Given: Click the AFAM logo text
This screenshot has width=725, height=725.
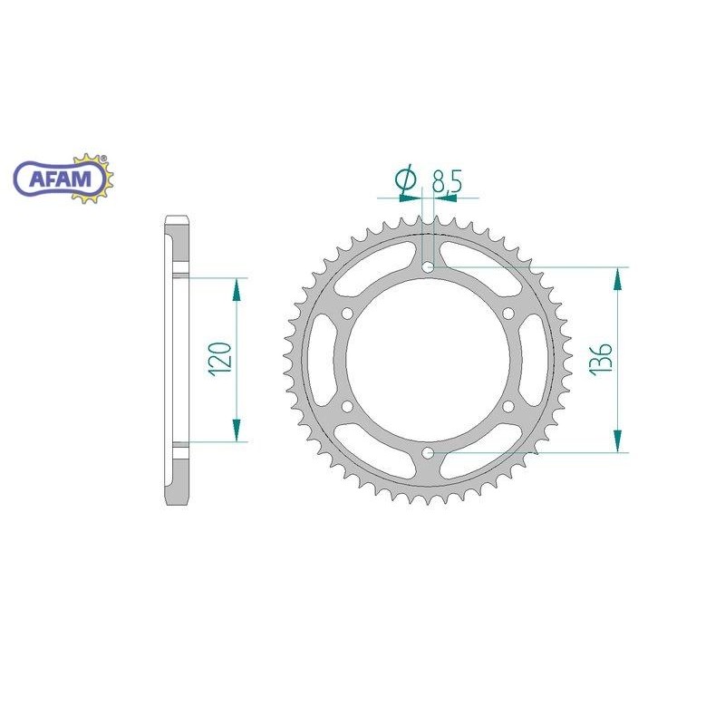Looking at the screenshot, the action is point(61,179).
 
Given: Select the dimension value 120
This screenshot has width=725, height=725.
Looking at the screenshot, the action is point(220,359).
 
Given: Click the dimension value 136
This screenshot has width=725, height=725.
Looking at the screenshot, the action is point(601,359).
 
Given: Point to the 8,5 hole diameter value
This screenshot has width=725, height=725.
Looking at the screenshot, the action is point(447,181).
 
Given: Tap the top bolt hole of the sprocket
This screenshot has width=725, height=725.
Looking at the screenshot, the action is point(428,266).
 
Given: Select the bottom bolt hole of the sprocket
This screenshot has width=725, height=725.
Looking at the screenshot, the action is point(428,452).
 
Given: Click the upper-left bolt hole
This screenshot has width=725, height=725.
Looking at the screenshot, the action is point(347,314).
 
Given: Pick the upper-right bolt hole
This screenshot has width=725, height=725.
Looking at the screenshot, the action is point(508,314).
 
